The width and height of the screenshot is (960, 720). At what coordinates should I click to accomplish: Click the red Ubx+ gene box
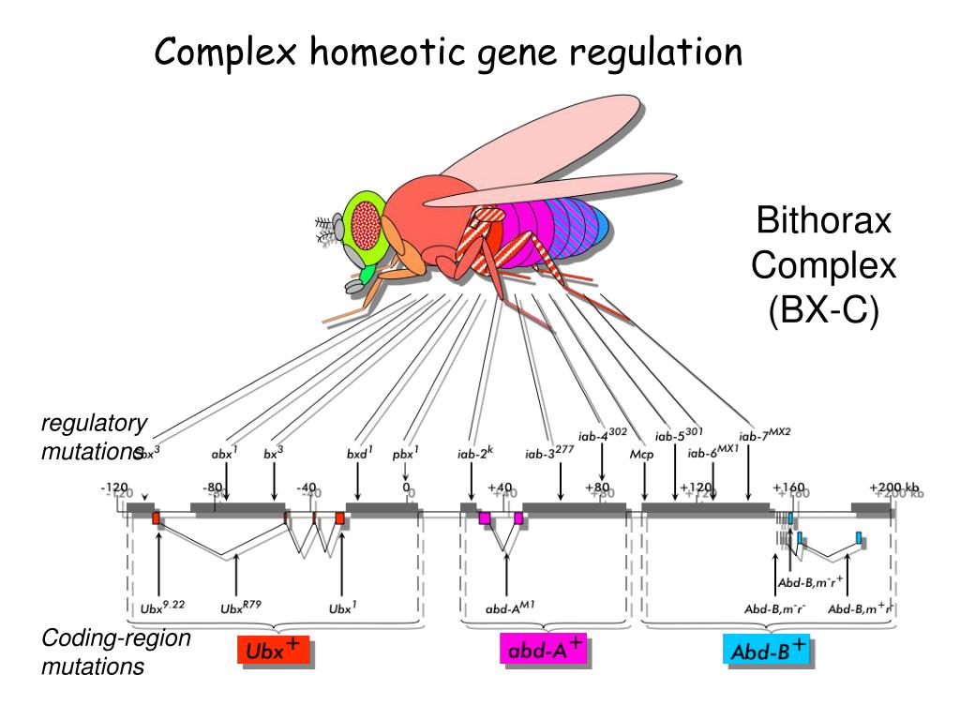coord(273,652)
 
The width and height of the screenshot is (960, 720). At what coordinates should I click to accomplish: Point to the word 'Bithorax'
coord(824,224)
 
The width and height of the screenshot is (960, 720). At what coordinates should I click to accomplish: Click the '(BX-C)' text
coord(824,309)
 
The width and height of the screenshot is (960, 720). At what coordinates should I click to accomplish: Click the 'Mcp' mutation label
coord(642,454)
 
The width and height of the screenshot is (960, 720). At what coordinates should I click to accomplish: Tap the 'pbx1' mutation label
coord(405,454)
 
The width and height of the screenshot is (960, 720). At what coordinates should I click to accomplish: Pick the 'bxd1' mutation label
coord(359,454)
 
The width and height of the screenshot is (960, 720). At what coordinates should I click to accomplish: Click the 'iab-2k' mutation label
coord(474,454)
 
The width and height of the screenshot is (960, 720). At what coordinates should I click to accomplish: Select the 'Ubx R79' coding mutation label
coord(240,607)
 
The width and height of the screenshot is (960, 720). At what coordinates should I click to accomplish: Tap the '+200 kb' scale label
coord(894,487)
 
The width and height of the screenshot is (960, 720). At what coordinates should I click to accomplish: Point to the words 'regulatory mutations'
coord(94,437)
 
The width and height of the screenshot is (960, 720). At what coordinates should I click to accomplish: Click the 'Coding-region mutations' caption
coord(103,652)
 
